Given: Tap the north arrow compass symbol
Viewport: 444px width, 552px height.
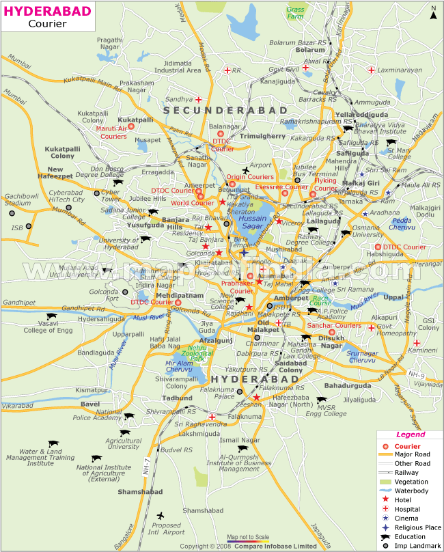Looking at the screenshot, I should (433, 12).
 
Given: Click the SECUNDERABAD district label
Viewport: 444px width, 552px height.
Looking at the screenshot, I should (216, 109).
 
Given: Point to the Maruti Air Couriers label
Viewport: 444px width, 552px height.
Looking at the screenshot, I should (111, 132).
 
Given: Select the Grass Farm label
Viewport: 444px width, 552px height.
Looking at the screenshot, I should (296, 12).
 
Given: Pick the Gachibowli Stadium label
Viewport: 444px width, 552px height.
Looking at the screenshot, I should (18, 199).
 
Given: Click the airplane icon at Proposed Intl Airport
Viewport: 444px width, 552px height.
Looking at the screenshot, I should (161, 515).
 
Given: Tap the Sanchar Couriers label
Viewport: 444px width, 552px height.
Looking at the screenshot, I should (334, 325).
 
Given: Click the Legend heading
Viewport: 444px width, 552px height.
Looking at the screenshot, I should (411, 434).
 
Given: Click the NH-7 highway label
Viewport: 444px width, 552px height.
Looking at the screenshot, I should (146, 467).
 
